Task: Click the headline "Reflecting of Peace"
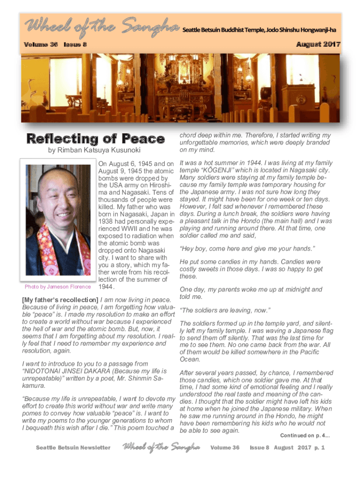95,139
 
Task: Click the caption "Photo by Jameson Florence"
58,287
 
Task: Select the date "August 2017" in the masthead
318,44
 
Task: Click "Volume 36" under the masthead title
42,44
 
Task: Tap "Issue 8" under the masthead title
75,44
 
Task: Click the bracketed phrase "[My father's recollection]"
60,299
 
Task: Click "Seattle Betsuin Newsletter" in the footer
73,448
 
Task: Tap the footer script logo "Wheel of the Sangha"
161,447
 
